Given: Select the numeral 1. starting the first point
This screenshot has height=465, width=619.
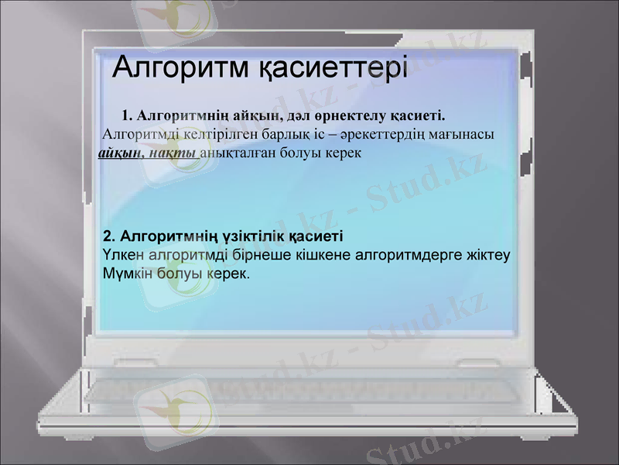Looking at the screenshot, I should click(x=128, y=116).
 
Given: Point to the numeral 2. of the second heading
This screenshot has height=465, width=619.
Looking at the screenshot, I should click(x=109, y=234).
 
